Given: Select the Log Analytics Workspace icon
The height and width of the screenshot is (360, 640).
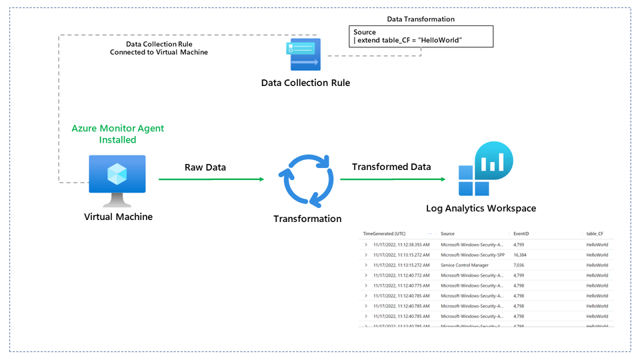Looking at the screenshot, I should pos(485,170).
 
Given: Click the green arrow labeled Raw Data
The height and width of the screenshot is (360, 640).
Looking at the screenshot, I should pos(211,179).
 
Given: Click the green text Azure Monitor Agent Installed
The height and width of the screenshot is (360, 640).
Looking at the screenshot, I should pos(117,134).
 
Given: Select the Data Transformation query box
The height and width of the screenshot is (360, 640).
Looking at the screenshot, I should pos(421,37).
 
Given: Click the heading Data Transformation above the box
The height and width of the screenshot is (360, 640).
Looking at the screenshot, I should pos(421,19).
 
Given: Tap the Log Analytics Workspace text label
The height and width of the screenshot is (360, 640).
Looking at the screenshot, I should pos(481,209).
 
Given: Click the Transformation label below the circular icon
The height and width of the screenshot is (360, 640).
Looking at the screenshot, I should pos(307,219).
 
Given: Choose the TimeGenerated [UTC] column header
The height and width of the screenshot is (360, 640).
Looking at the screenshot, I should pos(384,234).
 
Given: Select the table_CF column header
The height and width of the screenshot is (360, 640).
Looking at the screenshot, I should pos(597,234).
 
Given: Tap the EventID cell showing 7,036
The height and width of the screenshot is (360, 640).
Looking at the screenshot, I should pos(519,265).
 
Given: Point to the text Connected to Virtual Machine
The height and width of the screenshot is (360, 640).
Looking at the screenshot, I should pos(159,52).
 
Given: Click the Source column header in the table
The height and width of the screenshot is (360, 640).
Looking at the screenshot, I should pos(447,234).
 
